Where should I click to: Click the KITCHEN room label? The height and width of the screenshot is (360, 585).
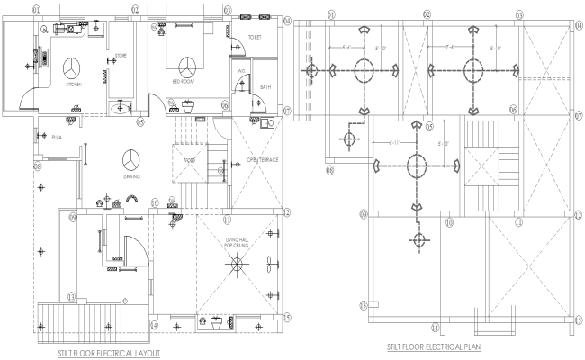[x=73, y=84]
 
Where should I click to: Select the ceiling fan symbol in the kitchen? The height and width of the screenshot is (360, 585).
[x=73, y=67]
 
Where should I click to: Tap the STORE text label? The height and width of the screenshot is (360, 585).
[x=121, y=56]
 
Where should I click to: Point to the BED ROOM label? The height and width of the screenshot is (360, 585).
[x=183, y=81]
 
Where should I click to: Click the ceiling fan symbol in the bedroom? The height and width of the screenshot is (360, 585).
[x=188, y=66]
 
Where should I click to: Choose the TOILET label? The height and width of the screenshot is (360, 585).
[x=254, y=38]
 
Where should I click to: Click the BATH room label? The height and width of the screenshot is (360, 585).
[x=265, y=87]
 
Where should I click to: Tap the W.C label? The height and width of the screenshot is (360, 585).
[x=241, y=70]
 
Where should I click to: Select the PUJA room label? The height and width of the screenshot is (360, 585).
[x=55, y=138]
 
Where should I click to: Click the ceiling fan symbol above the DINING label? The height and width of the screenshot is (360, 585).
[x=131, y=159]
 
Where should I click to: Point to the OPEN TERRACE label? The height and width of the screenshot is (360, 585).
[x=262, y=161]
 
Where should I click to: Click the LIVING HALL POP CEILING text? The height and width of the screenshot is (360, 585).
[x=238, y=240]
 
